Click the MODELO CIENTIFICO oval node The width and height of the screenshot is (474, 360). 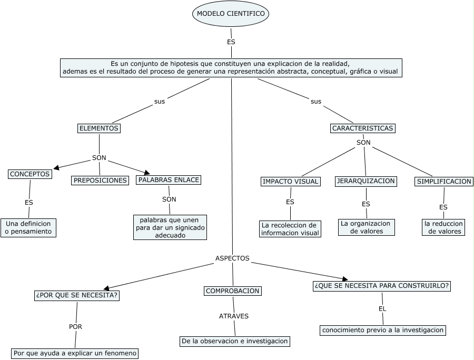pyautogui.click(x=231, y=13)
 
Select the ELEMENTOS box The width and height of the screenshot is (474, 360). pyautogui.click(x=99, y=128)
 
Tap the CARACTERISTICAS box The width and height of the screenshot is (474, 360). pyautogui.click(x=363, y=128)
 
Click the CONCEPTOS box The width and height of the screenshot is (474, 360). pyautogui.click(x=30, y=174)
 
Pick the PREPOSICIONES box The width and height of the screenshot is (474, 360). pyautogui.click(x=101, y=181)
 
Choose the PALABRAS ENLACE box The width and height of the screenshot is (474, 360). pyautogui.click(x=169, y=180)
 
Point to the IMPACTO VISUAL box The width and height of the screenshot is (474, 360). pyautogui.click(x=290, y=182)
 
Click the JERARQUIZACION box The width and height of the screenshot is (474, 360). pyautogui.click(x=366, y=181)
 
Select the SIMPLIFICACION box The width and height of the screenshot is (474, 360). pyautogui.click(x=444, y=182)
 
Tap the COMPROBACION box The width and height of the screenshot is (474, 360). pyautogui.click(x=232, y=291)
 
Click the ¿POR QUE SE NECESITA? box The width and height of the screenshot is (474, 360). pyautogui.click(x=77, y=296)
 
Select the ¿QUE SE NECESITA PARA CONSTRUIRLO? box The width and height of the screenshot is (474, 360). pyautogui.click(x=382, y=286)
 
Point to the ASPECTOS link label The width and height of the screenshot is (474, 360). pyautogui.click(x=232, y=258)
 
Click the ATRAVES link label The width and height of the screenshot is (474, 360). pyautogui.click(x=234, y=316)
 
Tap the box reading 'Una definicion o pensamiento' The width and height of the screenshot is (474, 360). pyautogui.click(x=28, y=227)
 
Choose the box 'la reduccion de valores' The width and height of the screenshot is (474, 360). pyautogui.click(x=444, y=227)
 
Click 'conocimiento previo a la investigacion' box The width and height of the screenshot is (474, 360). pyautogui.click(x=383, y=331)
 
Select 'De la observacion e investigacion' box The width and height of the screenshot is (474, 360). pyautogui.click(x=235, y=341)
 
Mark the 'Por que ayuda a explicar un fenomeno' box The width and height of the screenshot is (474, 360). pyautogui.click(x=75, y=353)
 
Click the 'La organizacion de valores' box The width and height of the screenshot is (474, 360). pyautogui.click(x=366, y=227)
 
